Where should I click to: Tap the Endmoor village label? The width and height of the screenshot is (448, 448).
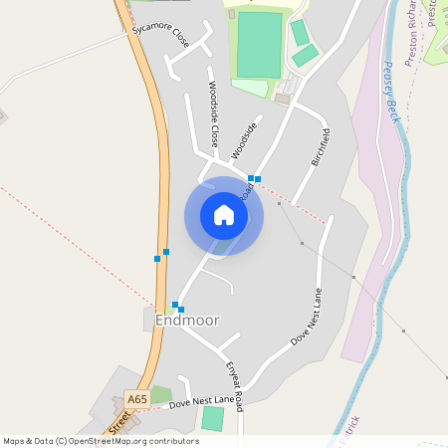(x=187, y=320)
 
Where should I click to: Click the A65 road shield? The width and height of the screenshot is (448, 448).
(x=137, y=399)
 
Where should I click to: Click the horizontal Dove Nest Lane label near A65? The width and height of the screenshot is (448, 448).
(x=201, y=401)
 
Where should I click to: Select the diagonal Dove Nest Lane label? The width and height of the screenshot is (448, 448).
(x=307, y=318)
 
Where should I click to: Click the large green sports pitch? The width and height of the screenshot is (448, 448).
(x=260, y=46)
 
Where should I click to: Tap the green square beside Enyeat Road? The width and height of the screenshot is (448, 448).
(x=212, y=418)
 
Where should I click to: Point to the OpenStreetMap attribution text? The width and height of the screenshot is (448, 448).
(x=101, y=440)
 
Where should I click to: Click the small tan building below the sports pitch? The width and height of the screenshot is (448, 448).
(x=283, y=99)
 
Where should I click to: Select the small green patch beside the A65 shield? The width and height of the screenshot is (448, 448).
(x=160, y=394)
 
